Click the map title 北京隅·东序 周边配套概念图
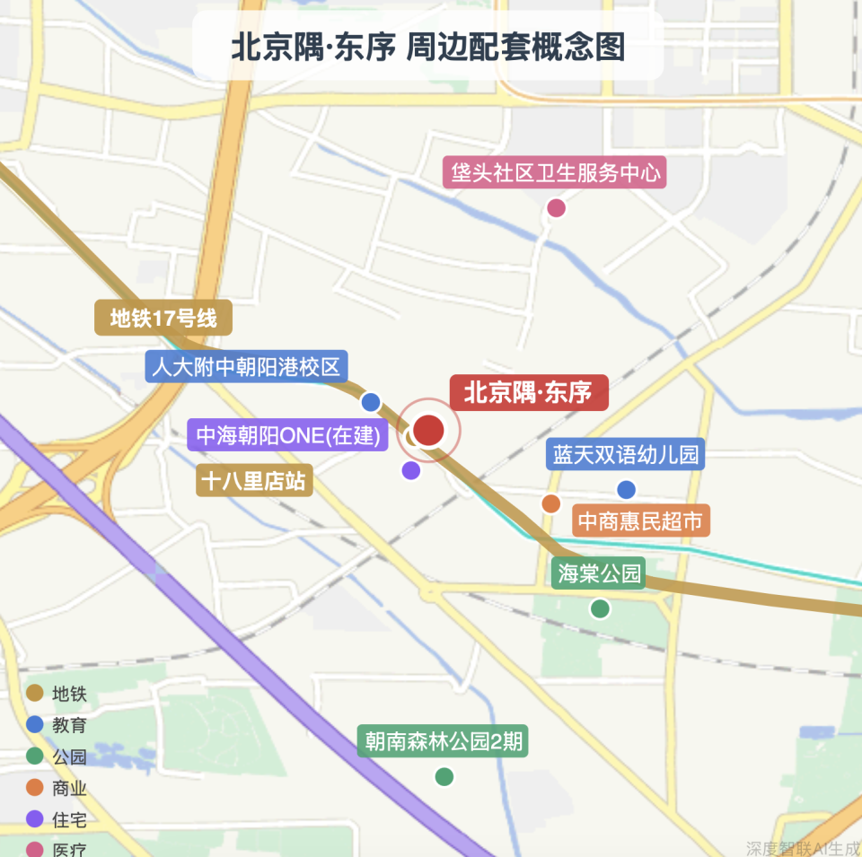tap(427, 47)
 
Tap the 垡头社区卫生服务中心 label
tap(557, 172)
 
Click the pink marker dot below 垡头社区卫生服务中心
tap(557, 208)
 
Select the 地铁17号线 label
tap(163, 318)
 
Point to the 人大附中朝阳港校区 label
tap(247, 366)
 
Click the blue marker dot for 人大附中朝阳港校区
tap(371, 402)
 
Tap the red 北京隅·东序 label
tap(528, 393)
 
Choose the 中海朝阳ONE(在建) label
tap(288, 436)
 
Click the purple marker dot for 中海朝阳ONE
tap(411, 470)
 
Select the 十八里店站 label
tap(254, 481)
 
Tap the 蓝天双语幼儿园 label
tap(626, 454)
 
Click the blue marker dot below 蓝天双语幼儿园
tap(627, 490)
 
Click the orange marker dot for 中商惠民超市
tap(551, 503)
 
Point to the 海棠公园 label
tap(600, 573)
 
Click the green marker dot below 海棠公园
tap(600, 608)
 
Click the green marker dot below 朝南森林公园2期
tap(444, 776)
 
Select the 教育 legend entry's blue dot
tap(35, 724)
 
